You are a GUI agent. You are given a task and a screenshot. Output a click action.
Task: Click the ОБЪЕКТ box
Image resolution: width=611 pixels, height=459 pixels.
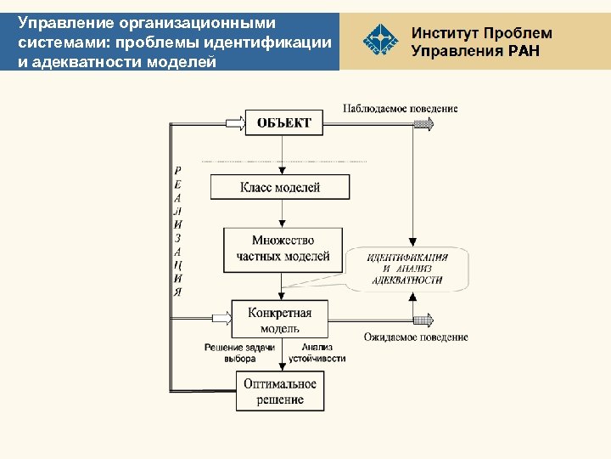284,123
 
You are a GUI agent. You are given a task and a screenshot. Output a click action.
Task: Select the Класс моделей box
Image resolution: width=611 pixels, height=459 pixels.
280,188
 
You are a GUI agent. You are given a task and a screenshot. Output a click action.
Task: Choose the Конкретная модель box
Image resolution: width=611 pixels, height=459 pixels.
279,320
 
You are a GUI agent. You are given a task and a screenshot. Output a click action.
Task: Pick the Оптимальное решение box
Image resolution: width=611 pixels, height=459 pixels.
280,392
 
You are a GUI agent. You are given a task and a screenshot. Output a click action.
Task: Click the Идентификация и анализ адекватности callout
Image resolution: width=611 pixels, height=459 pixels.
407,269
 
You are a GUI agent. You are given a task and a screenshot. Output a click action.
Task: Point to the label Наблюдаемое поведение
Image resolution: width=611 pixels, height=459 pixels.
400,109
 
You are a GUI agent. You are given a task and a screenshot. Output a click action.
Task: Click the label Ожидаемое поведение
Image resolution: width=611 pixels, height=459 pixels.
416,337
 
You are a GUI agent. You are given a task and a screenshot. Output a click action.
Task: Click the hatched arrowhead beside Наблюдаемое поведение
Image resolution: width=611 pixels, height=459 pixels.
423,124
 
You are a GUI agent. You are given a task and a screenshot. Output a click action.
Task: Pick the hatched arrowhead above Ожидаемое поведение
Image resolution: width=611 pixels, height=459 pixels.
423,320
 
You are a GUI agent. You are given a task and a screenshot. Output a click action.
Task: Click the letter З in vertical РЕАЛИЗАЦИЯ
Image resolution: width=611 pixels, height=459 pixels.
177,237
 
